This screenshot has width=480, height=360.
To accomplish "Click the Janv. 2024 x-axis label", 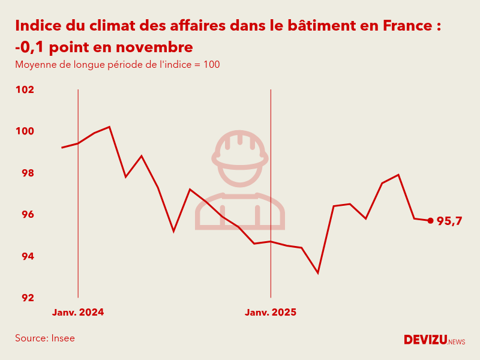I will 78,313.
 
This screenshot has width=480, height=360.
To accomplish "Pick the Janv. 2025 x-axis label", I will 271,313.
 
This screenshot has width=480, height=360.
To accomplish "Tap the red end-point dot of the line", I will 430,221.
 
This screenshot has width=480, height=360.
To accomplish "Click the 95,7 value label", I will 449,221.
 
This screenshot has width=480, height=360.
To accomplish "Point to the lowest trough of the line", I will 318,273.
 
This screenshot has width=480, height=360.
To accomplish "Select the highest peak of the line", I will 109,127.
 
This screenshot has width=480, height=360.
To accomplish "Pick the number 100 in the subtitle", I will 211,65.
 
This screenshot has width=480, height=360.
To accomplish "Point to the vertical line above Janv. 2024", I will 78,192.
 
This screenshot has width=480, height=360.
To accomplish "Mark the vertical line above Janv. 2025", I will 271,192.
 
